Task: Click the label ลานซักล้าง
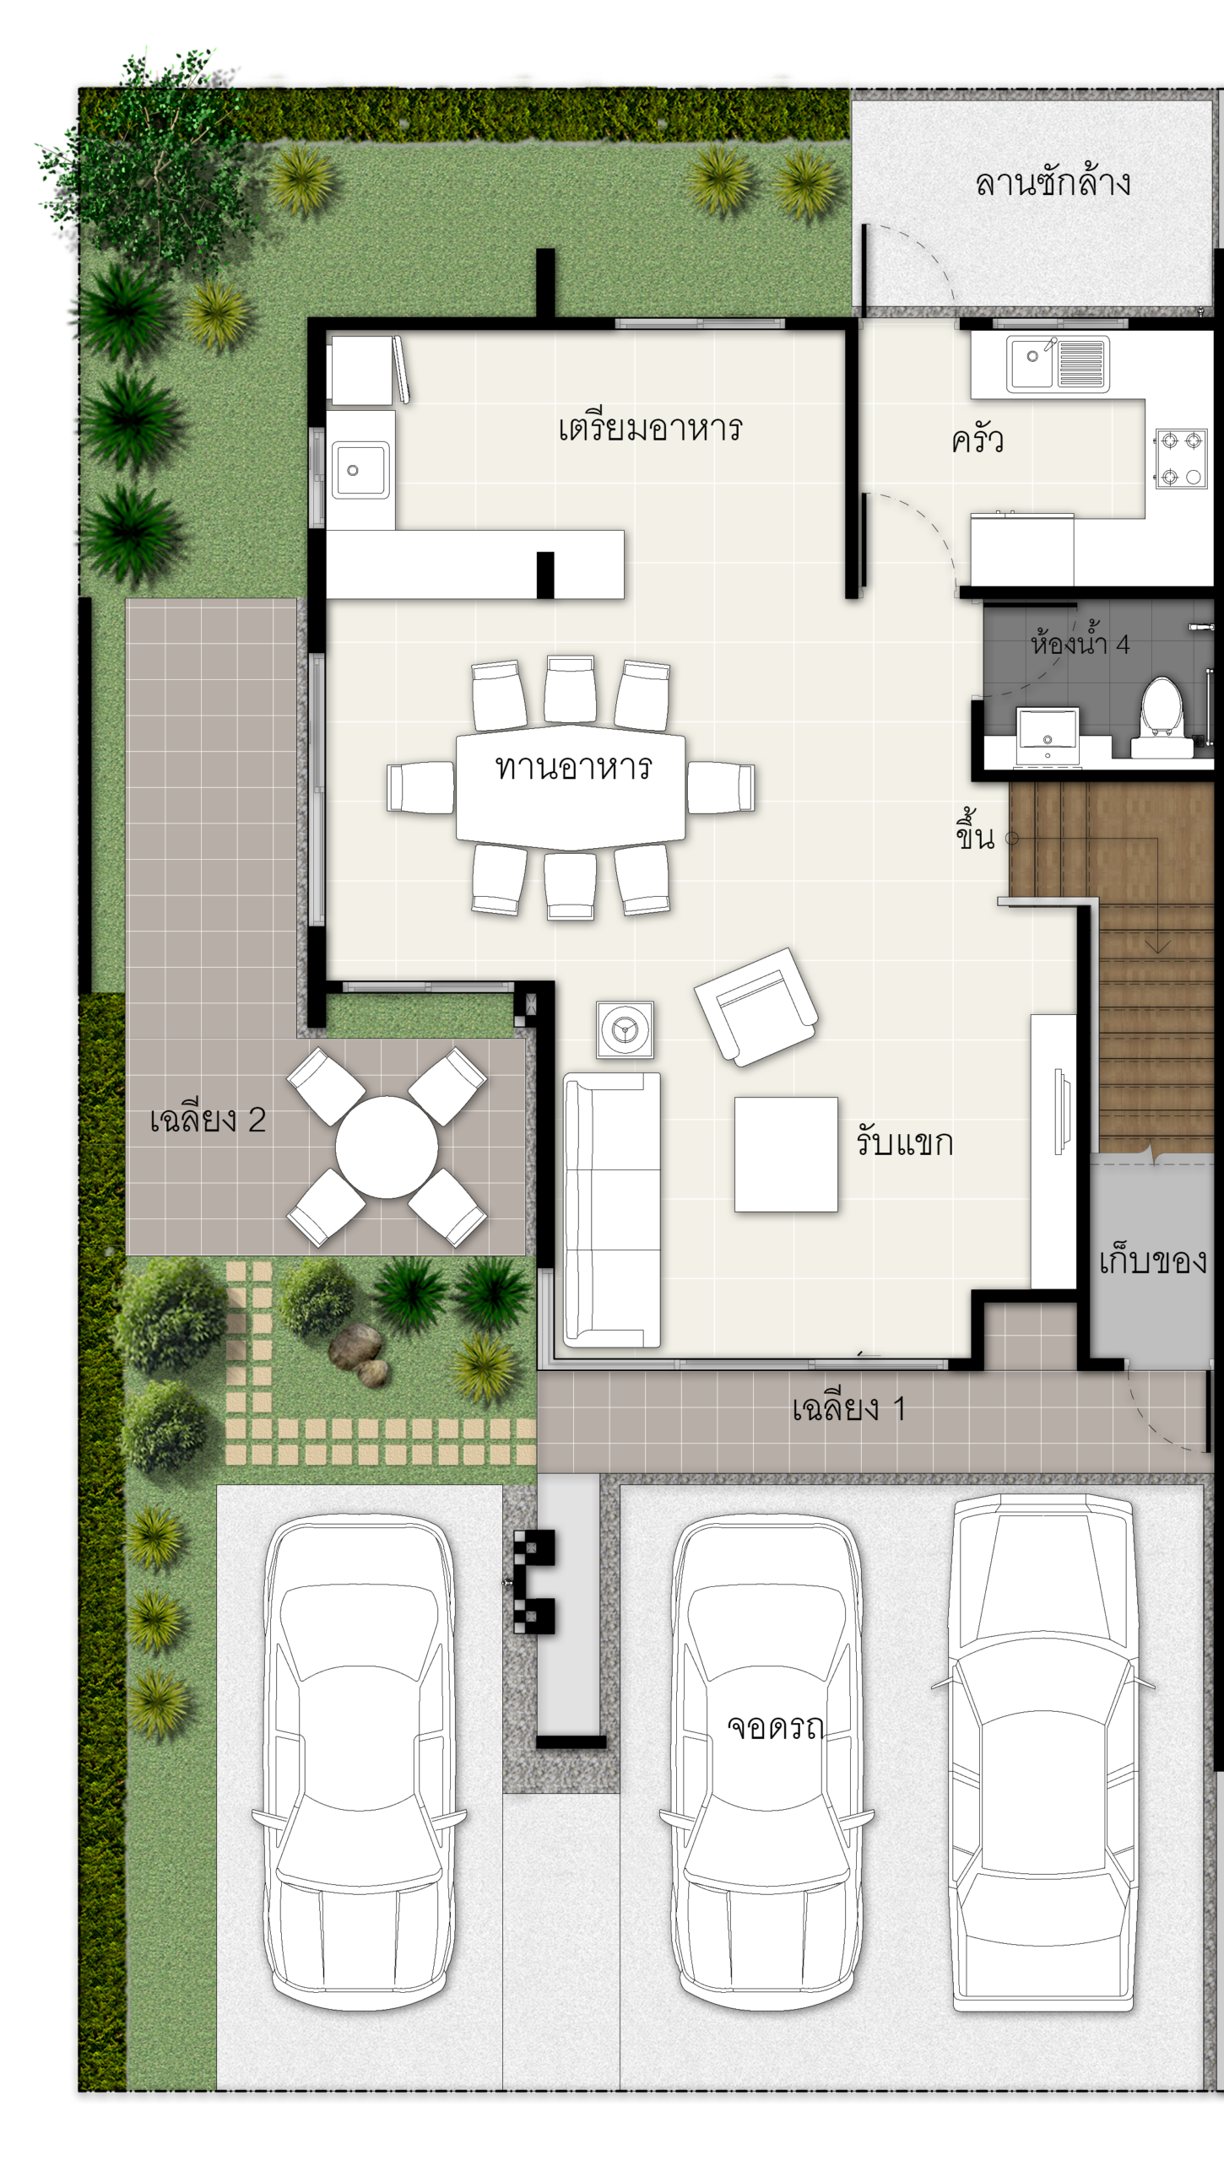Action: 1053,182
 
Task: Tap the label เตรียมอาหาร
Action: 650,428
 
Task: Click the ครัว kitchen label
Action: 978,440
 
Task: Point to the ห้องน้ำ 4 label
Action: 1080,644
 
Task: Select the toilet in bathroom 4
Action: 1162,717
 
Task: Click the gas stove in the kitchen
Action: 1181,458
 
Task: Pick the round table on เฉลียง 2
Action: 387,1147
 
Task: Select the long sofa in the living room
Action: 612,1210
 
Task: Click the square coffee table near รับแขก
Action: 786,1154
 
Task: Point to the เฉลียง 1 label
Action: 848,1408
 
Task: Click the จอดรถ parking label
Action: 775,1726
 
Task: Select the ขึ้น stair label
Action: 975,831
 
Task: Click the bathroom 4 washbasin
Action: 1048,729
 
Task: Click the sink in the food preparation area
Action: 361,470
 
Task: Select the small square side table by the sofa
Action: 625,1029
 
